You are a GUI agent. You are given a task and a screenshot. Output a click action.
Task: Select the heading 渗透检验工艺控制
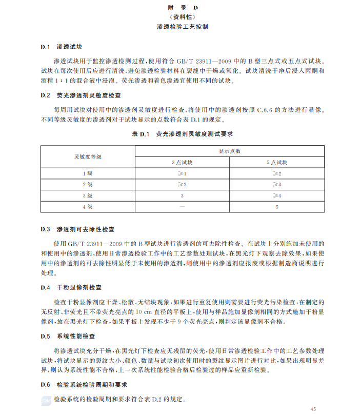point(183,26)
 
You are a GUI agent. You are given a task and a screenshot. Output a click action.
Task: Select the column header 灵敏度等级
point(88,156)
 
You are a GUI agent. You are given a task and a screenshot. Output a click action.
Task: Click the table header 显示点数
point(229,151)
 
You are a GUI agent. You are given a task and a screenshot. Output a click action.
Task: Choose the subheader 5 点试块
point(276,162)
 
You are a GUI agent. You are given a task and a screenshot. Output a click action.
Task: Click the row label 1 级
point(88,173)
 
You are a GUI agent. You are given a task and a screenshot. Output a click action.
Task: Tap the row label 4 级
point(88,207)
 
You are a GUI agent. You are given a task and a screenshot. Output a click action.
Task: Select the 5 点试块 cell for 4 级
point(276,207)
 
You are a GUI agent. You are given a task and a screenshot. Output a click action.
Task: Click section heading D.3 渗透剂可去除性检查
point(77,229)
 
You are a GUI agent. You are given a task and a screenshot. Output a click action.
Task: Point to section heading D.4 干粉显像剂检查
point(71,287)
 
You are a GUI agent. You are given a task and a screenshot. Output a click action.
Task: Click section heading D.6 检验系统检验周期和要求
point(84,385)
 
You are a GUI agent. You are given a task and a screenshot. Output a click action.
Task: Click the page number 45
point(314,408)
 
